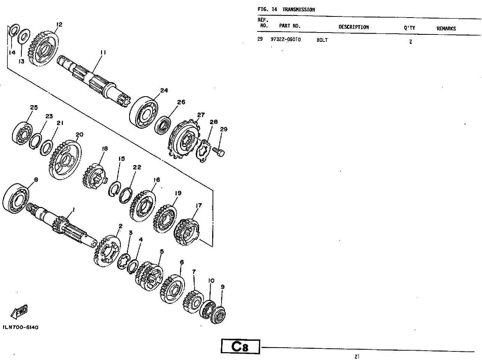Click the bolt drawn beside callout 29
(218, 152)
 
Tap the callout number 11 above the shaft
(103, 52)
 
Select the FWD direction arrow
(19, 312)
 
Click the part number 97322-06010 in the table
(286, 40)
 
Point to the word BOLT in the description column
(322, 40)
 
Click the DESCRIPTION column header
(354, 27)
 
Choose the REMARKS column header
(446, 28)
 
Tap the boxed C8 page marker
(240, 347)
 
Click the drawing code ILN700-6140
(21, 327)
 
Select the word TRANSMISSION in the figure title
(298, 10)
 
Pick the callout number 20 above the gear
(79, 135)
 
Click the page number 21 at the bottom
(357, 357)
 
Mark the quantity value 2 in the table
(411, 42)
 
